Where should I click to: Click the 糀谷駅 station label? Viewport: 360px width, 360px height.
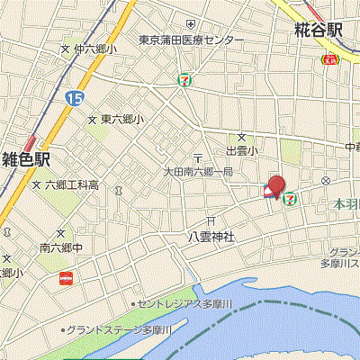[319, 30]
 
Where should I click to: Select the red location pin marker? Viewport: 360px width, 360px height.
[275, 184]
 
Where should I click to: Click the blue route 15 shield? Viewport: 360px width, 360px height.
[73, 95]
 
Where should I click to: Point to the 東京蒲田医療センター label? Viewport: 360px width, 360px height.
[191, 40]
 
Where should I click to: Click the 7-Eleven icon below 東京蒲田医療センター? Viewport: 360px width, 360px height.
[184, 78]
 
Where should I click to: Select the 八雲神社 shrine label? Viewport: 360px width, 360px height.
[211, 237]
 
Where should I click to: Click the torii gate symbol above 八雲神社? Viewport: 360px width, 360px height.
[211, 220]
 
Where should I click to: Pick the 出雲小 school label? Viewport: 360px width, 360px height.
[241, 150]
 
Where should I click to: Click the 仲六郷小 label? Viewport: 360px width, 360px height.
[94, 49]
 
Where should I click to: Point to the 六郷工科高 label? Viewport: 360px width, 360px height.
[72, 185]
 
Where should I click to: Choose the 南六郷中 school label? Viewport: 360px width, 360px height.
[61, 247]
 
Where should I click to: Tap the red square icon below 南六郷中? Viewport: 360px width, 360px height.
[65, 279]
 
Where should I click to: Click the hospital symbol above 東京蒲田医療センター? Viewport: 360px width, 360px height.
[190, 23]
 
